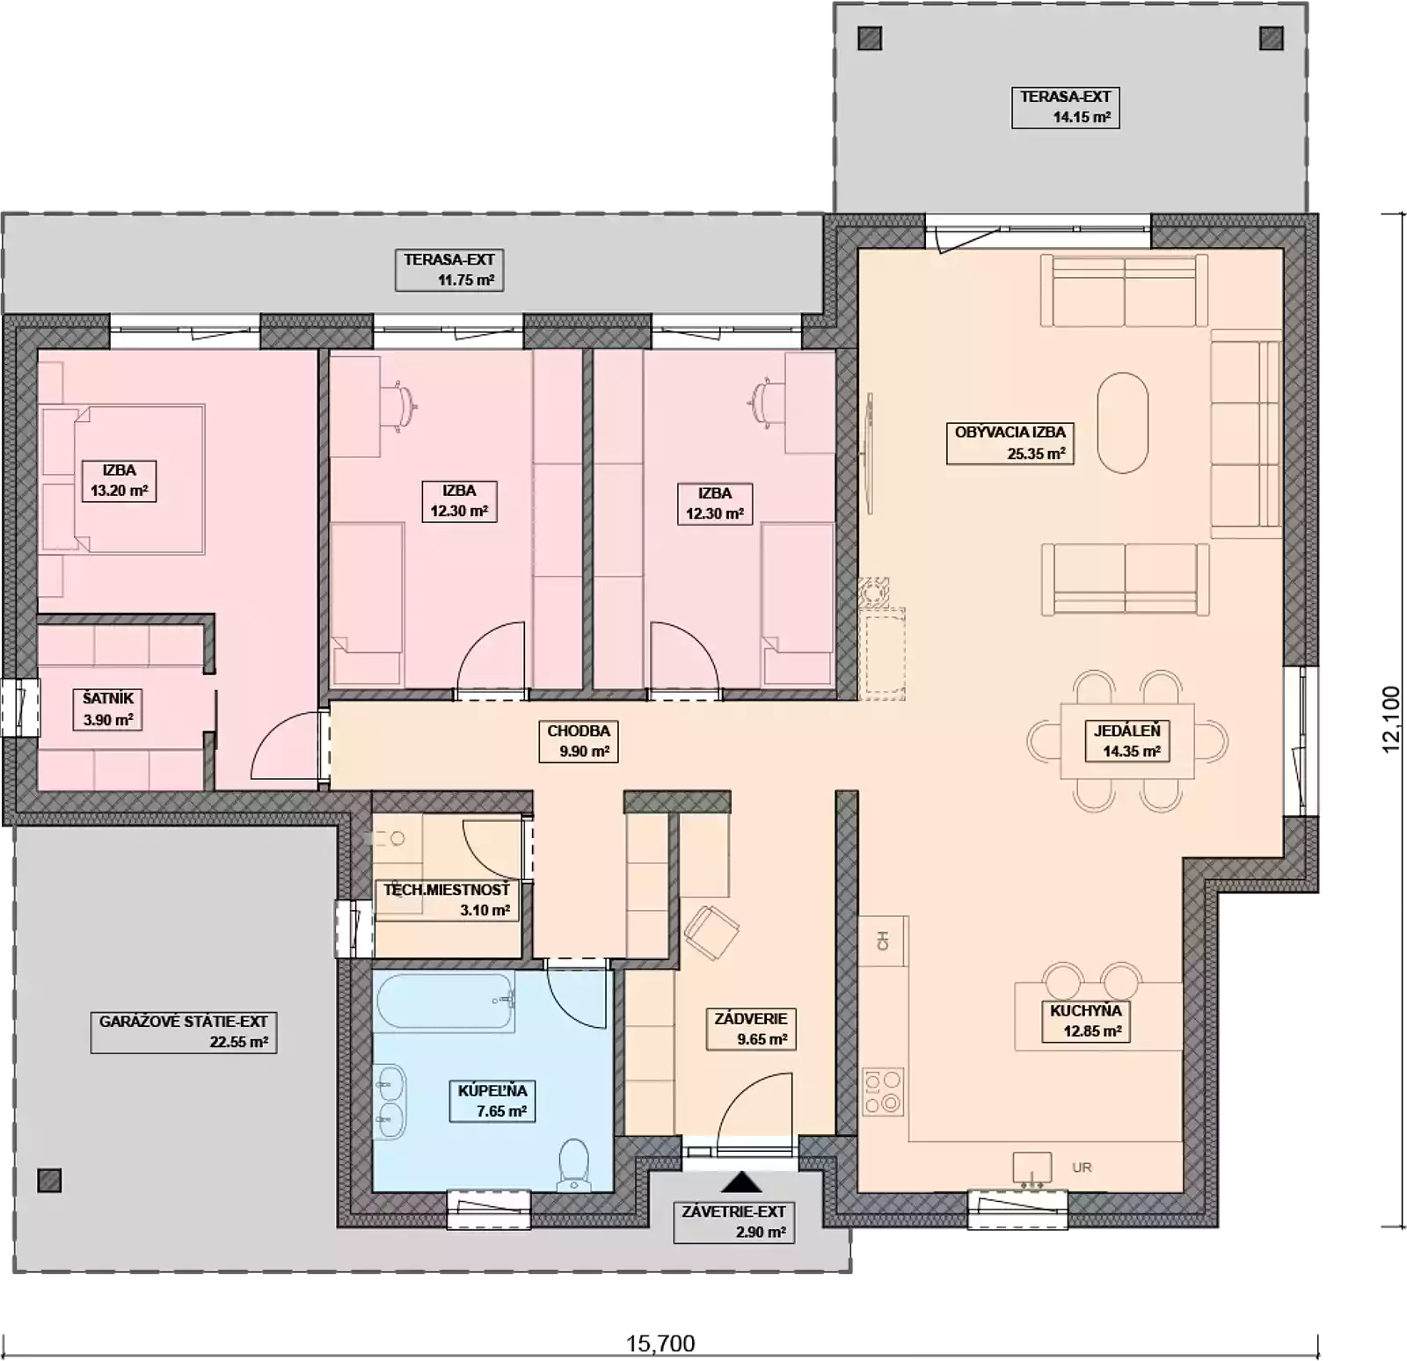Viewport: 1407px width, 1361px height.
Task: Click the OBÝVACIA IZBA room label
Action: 1010,433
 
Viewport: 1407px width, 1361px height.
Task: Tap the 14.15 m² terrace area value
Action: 1082,117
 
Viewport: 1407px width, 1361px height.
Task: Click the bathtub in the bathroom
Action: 444,1001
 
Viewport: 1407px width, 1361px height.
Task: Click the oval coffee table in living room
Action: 1123,423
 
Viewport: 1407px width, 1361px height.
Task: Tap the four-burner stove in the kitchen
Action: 882,1091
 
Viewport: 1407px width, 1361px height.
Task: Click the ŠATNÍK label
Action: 108,699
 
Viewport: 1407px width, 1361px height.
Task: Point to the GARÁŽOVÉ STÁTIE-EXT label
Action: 183,1022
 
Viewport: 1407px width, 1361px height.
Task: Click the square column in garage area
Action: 50,1180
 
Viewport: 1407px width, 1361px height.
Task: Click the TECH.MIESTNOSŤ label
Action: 446,890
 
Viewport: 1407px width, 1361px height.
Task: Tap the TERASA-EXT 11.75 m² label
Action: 448,260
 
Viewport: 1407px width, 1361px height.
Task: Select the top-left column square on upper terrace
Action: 869,39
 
